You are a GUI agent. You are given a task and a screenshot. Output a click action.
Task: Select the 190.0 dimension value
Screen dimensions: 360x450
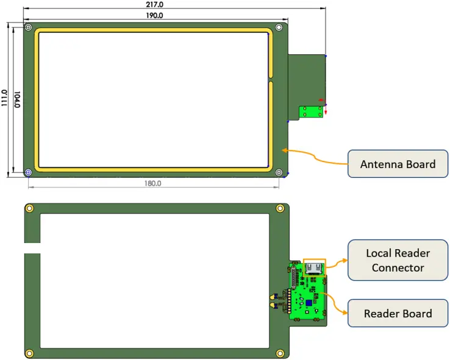click(x=154, y=15)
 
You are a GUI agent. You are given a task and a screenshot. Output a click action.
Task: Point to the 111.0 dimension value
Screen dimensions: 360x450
click(x=5, y=99)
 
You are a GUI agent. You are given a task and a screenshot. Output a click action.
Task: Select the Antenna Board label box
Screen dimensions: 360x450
click(x=398, y=164)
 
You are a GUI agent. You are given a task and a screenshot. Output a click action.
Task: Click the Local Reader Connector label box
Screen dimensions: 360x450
click(x=398, y=260)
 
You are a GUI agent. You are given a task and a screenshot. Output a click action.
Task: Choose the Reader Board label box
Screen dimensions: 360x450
click(x=398, y=314)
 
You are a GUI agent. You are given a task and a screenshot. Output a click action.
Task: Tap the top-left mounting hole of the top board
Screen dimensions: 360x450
click(x=29, y=28)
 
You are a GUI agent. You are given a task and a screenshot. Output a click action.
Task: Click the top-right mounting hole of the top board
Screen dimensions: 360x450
click(x=279, y=28)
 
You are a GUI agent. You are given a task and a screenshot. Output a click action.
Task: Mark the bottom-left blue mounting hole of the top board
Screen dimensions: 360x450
click(x=28, y=172)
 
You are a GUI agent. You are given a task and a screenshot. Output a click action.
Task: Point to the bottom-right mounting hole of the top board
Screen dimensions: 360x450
click(x=279, y=173)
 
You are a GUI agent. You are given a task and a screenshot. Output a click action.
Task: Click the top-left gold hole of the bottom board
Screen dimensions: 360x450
click(x=29, y=209)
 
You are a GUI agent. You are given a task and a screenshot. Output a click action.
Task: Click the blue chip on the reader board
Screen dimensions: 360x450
click(x=309, y=303)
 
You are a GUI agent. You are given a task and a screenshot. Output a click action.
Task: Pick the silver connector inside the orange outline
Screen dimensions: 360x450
click(x=314, y=267)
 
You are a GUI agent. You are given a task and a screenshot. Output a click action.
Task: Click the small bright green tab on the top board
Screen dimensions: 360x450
click(x=312, y=112)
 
